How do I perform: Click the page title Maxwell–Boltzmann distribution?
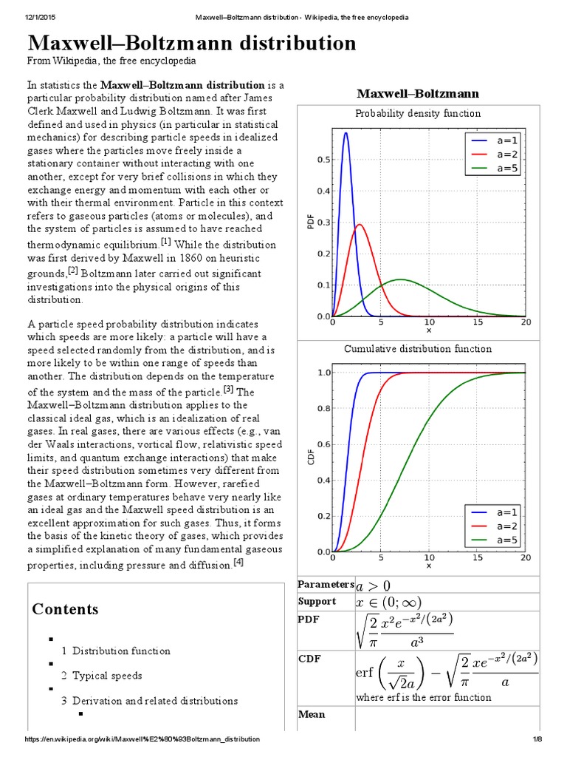[x=192, y=43]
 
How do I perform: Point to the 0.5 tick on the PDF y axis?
[x=323, y=160]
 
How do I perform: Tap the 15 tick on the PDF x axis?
[x=478, y=322]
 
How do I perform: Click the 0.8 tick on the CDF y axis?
[x=323, y=408]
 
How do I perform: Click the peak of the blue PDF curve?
[x=346, y=134]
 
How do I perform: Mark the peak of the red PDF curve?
[x=359, y=225]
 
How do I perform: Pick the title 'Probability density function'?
[x=418, y=113]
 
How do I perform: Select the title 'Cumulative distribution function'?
[x=418, y=348]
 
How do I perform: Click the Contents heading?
[x=65, y=609]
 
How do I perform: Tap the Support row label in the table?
[x=317, y=601]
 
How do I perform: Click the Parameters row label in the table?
[x=326, y=585]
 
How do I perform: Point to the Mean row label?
[x=312, y=714]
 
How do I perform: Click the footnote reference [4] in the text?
[x=238, y=563]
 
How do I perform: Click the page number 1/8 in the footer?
[x=537, y=739]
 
